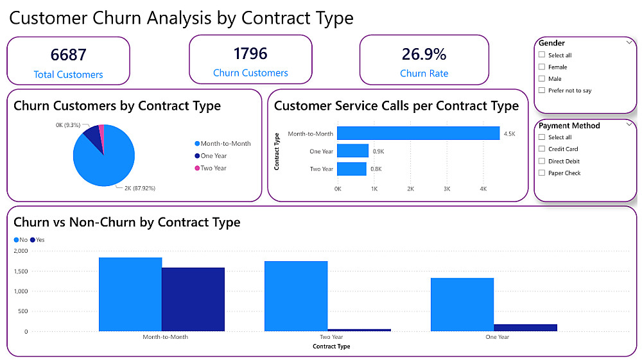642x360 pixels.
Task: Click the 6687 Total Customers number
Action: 68,55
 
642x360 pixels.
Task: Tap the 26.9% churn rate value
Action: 424,54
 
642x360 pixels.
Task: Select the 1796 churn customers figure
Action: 250,53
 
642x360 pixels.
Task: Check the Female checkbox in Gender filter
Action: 542,67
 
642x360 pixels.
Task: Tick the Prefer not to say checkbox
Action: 542,90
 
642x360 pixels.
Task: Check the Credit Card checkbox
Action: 542,149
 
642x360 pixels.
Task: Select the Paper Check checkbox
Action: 542,173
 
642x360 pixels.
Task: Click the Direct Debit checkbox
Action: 542,161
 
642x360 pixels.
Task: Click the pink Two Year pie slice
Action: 100,130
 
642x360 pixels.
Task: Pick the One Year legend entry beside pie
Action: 213,156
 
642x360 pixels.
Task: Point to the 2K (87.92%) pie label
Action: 135,189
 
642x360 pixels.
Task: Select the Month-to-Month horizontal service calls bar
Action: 418,133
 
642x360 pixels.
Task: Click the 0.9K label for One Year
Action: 378,151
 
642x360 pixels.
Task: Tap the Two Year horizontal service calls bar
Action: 352,169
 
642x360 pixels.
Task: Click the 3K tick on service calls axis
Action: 447,189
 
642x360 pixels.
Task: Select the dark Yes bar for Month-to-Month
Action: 193,299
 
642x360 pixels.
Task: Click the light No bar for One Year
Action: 462,304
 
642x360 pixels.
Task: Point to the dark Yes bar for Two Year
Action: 359,330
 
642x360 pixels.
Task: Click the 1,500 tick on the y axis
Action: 22,271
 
